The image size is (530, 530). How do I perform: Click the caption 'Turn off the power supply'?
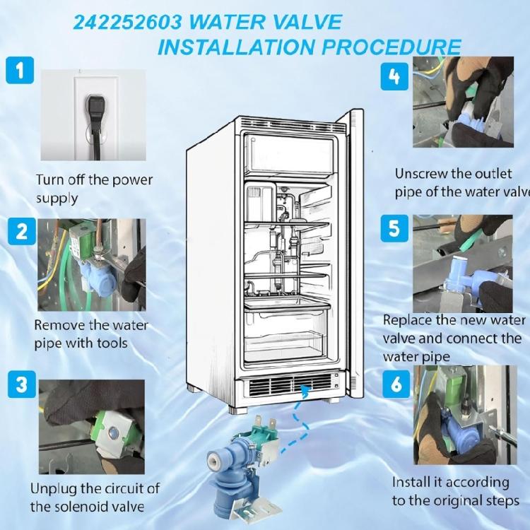[x=93, y=189]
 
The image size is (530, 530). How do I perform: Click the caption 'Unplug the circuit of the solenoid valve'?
[x=95, y=497]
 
